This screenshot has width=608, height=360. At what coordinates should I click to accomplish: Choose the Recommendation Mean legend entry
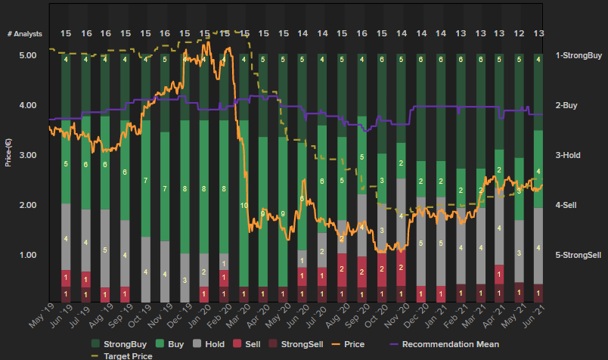coord(451,344)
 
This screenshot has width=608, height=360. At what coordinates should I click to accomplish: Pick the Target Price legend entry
coord(128,355)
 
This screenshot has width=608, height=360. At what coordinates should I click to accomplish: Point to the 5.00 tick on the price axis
coord(27,55)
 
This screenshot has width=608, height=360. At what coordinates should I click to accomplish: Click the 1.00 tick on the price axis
coord(27,255)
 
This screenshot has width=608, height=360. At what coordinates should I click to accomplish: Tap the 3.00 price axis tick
coord(27,155)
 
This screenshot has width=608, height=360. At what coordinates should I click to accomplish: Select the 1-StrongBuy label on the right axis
coord(579,55)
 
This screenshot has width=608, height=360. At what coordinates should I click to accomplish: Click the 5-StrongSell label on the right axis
coord(579,255)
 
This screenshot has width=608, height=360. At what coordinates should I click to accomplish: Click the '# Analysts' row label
coord(25,34)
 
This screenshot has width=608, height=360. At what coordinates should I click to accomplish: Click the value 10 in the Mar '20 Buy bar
coord(244,205)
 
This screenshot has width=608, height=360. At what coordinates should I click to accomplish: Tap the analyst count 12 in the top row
coord(519,34)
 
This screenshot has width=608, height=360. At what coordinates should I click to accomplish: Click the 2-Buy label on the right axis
coord(566,105)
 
